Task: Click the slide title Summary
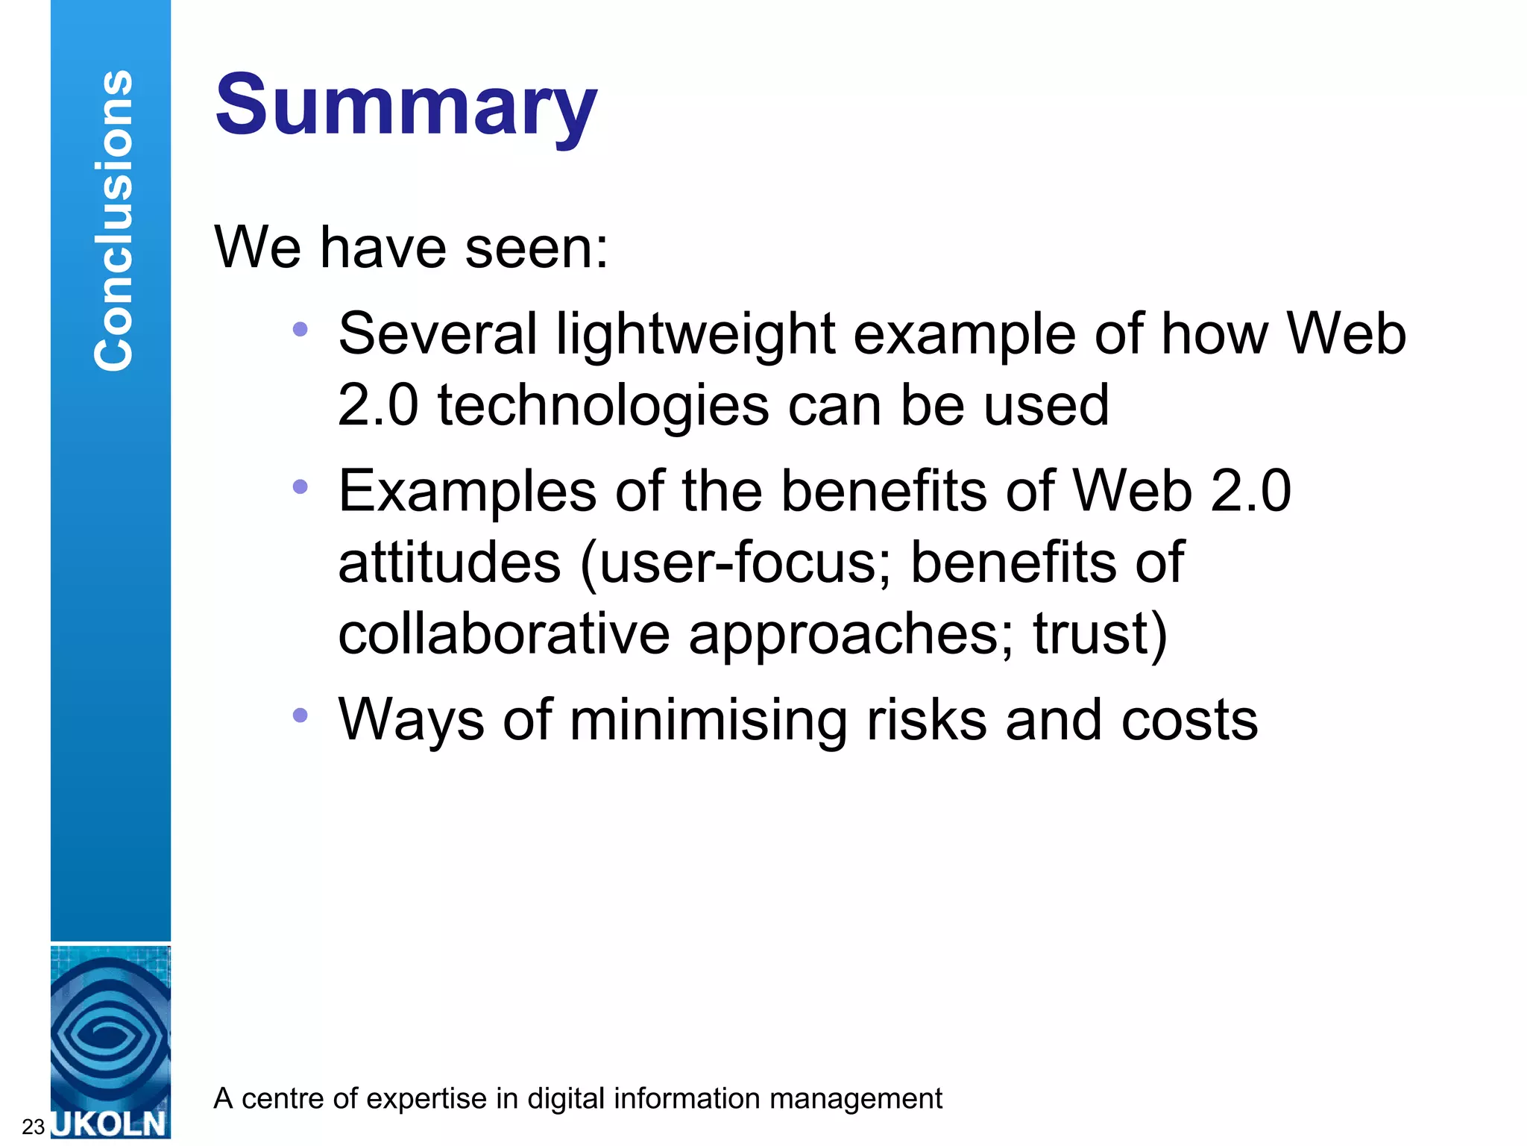[x=406, y=106]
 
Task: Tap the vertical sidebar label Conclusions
[x=113, y=220]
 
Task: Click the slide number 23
[x=34, y=1126]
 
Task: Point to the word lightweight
[x=695, y=334]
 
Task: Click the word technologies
[x=602, y=406]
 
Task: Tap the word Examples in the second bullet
[x=467, y=491]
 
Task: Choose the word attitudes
[x=449, y=563]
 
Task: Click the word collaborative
[x=504, y=634]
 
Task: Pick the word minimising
[x=708, y=720]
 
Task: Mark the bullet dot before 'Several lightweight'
[x=300, y=329]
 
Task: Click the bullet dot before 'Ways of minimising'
[x=300, y=715]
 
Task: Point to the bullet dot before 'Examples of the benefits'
[x=300, y=487]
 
